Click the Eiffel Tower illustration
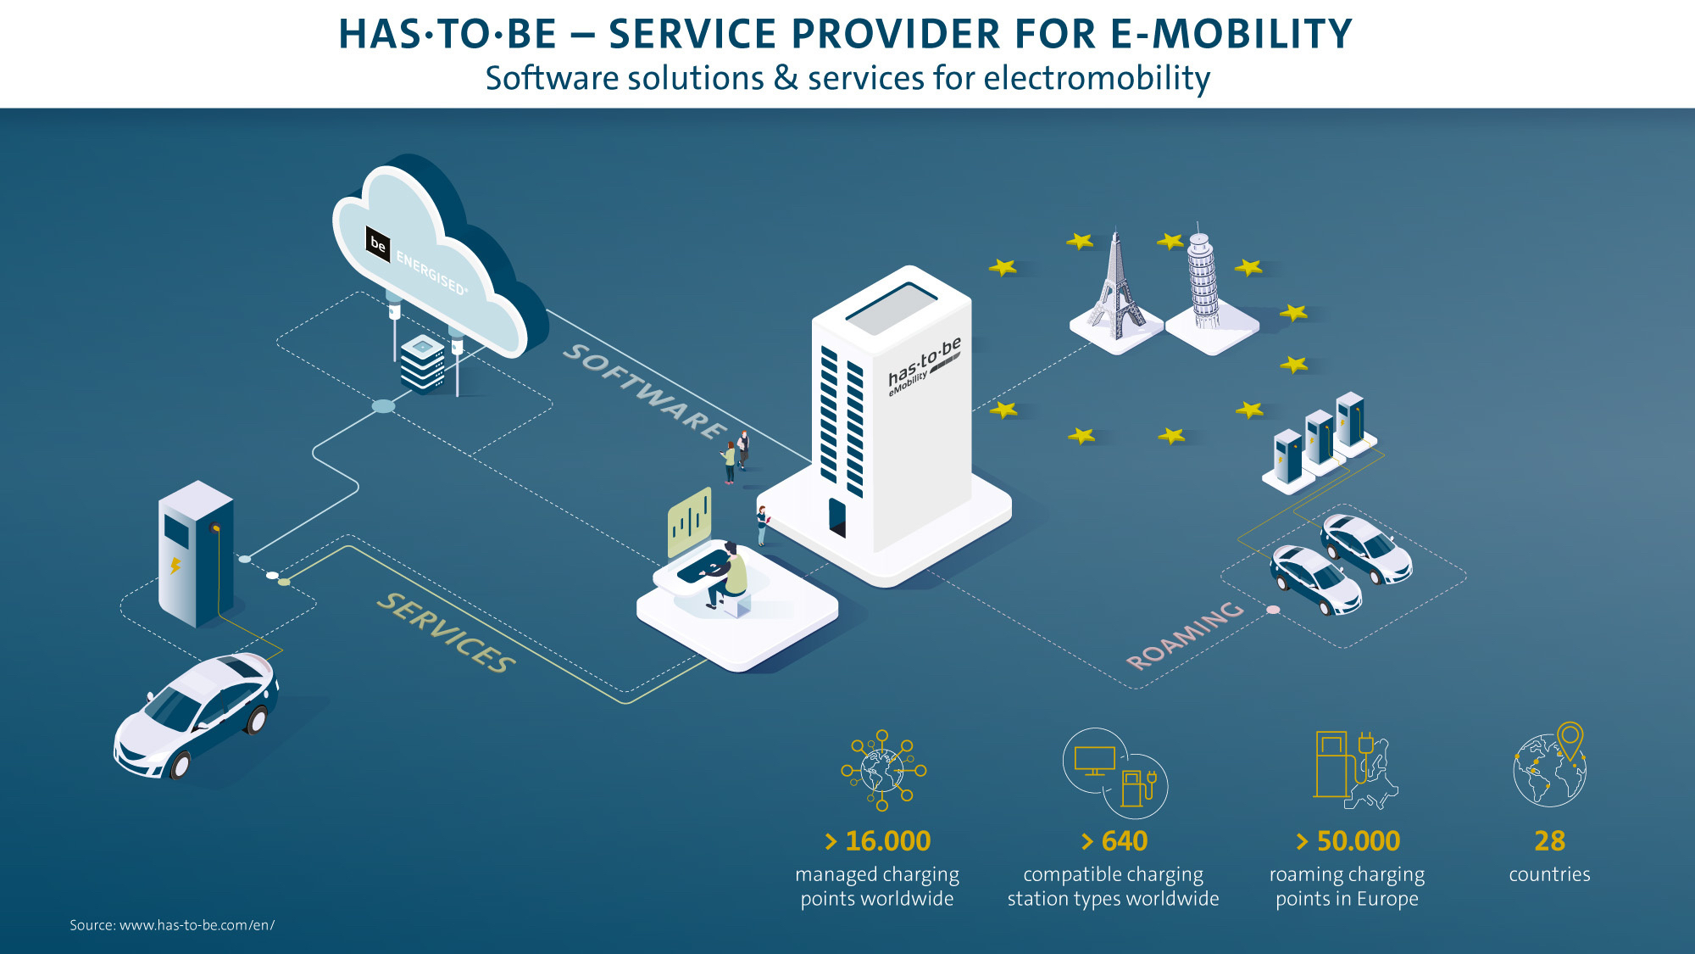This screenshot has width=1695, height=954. coord(1116,283)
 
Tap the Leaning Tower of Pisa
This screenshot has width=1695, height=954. coord(1202,278)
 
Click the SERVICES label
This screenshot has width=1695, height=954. coord(446,632)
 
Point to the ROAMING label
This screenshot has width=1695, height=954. coord(1185,635)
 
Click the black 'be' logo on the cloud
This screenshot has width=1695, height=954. coord(378,244)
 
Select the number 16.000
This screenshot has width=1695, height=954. coord(887,840)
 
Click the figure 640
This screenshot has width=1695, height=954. coord(1124,840)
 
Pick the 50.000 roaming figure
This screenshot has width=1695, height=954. coord(1358,840)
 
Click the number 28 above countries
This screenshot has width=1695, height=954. coord(1549,840)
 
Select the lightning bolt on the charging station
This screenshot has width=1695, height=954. coord(175,565)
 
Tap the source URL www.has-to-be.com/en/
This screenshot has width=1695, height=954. coord(197,925)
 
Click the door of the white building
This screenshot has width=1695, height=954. coord(837,517)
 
